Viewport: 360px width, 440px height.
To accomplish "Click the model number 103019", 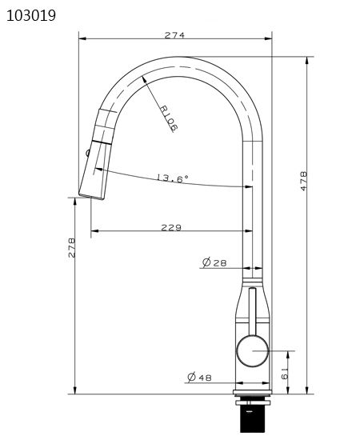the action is tap(31, 16).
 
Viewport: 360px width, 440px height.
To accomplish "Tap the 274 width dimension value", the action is tap(174, 35).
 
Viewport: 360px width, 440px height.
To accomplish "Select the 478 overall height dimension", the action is tap(304, 181).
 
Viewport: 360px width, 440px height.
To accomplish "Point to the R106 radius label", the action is tap(169, 118).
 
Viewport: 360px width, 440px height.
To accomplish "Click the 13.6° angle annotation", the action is tap(172, 178).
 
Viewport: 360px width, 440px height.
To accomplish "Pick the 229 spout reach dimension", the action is tap(171, 227).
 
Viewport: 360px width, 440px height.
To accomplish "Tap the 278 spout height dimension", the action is tap(71, 247).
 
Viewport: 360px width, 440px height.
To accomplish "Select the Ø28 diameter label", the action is tap(214, 262).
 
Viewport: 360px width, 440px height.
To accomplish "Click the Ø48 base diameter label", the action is tap(199, 377).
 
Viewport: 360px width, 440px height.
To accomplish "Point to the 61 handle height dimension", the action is tap(285, 374).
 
